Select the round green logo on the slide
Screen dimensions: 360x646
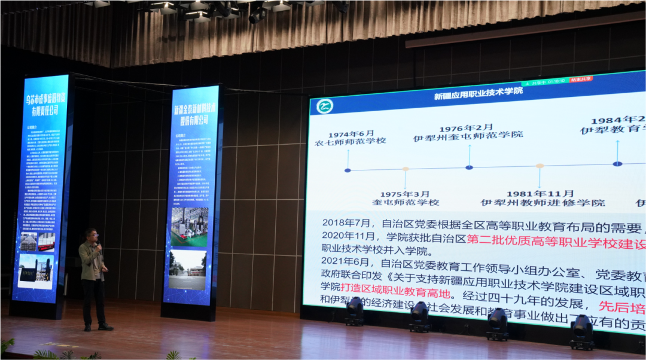325,106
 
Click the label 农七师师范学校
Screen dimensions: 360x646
351,141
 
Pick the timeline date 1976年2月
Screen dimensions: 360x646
467,128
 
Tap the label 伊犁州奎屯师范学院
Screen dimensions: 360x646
468,137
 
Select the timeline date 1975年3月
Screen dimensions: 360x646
405,194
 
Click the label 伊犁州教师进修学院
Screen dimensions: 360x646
543,203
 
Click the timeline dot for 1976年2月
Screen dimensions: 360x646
469,167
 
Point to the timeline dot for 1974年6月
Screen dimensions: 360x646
348,170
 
